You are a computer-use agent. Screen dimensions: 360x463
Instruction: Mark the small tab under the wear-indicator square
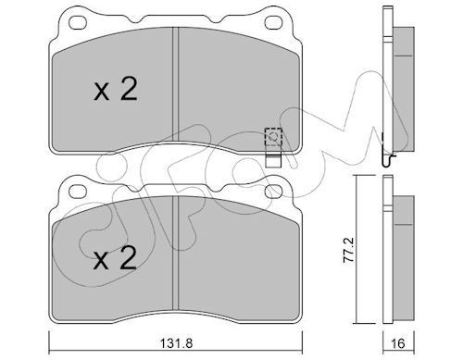[x=273, y=158]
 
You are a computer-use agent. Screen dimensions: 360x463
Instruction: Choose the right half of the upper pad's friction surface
[x=231, y=93]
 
